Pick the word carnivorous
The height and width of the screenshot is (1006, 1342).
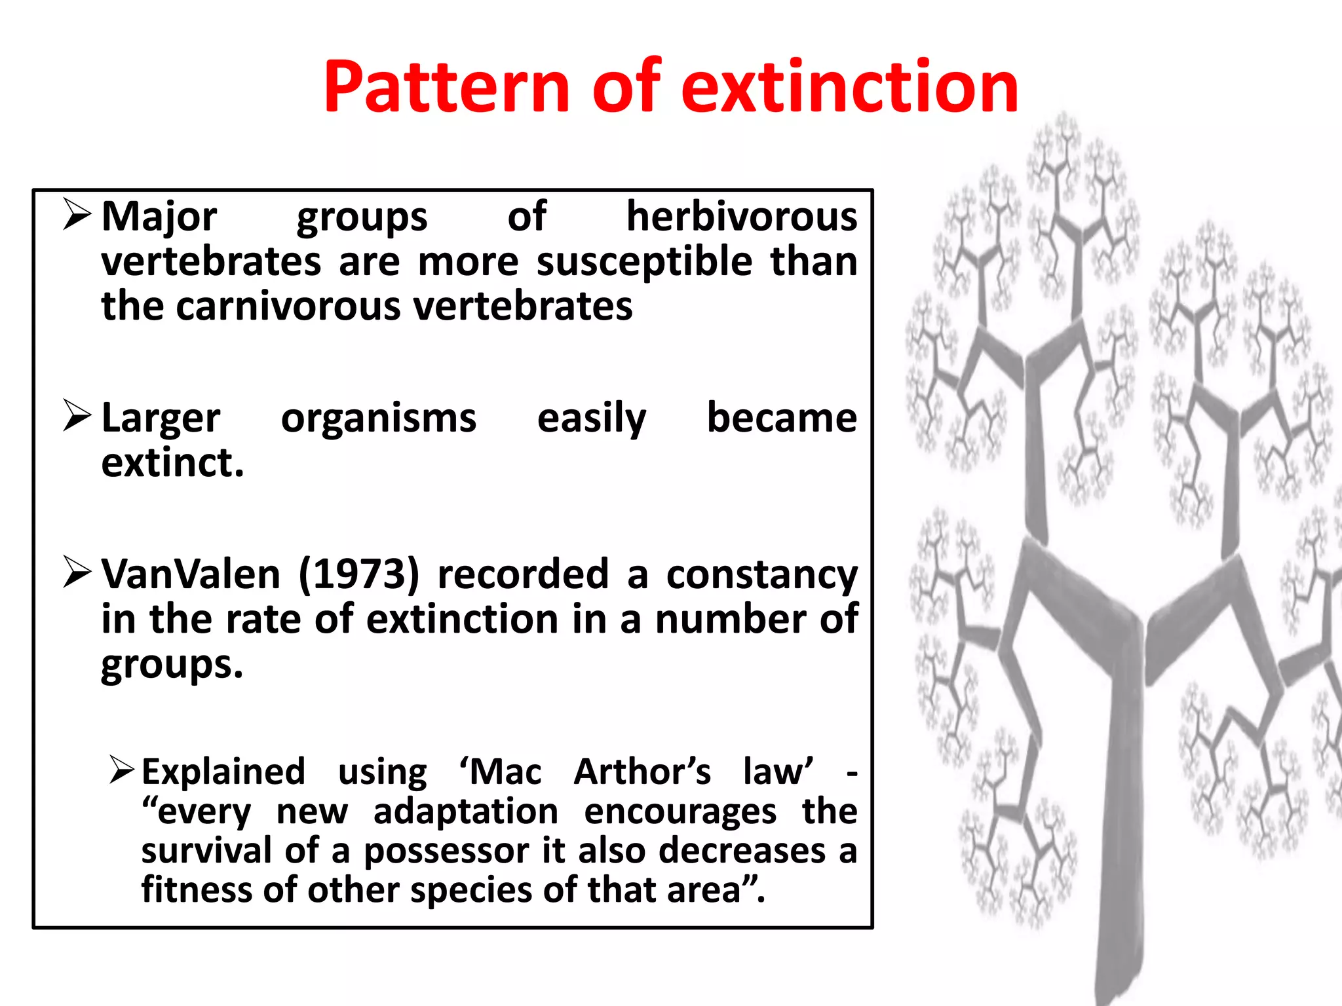pos(288,307)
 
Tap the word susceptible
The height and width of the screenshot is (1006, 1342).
pos(644,262)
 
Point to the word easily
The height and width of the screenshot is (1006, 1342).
pos(591,419)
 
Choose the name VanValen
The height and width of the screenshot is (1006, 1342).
pos(191,574)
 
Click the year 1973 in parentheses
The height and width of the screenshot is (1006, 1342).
pos(358,574)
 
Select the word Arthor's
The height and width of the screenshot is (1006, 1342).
pos(642,772)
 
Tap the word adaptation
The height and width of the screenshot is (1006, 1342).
pos(465,812)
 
